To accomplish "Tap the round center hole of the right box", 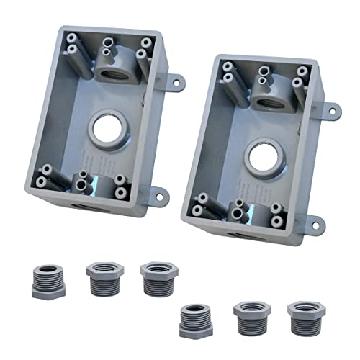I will (255, 151).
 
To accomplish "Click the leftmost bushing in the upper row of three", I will (49, 280).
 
